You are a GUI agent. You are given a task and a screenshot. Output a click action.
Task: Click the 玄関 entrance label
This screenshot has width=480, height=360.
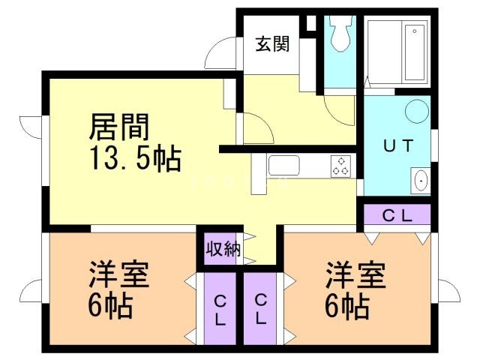[x=272, y=44]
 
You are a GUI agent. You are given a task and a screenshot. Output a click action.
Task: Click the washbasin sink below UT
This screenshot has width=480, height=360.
[x=421, y=181]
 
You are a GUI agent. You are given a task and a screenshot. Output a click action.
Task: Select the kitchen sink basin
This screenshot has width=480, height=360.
[x=284, y=166]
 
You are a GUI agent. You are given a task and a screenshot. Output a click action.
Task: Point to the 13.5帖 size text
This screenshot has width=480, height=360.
[x=135, y=158]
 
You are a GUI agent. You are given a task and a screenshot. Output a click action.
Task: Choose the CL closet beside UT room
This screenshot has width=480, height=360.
[x=397, y=216]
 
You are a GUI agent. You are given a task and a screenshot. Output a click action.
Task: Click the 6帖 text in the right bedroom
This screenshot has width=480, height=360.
[x=346, y=306]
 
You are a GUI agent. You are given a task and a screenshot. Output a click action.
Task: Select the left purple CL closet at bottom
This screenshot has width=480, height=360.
[x=220, y=308]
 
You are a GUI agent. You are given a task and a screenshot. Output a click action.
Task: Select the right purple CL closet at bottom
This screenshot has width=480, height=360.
[x=261, y=308]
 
